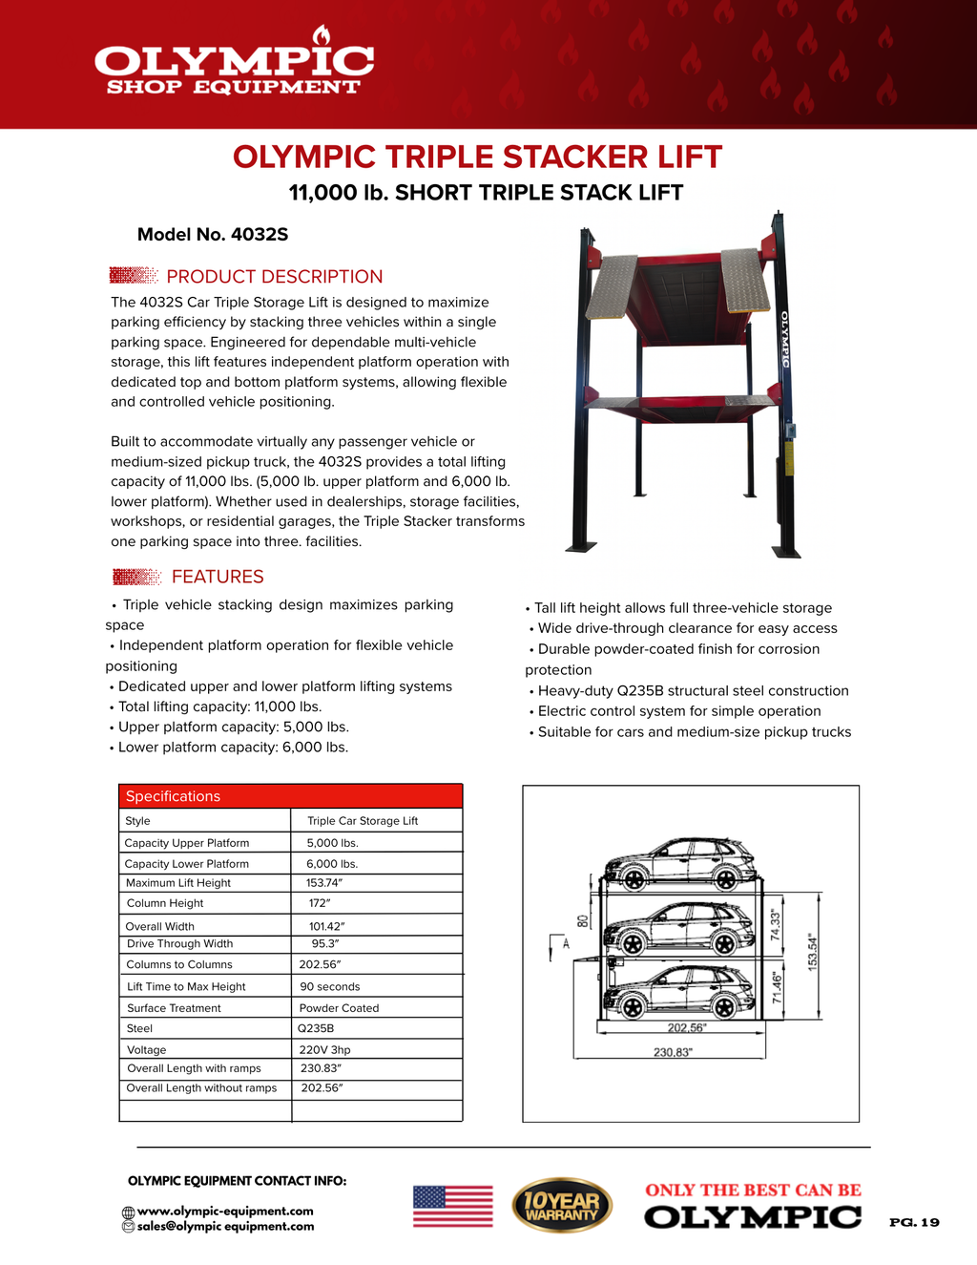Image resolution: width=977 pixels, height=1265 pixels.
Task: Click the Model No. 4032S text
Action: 213,235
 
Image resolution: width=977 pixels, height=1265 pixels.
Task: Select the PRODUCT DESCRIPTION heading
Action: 274,277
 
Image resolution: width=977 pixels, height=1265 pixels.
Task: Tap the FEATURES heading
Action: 218,577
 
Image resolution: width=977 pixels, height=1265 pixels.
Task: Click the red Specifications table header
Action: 290,796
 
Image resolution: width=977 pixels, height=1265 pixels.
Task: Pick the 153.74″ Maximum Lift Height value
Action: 324,883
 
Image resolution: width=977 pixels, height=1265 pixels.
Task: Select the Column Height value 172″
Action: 320,903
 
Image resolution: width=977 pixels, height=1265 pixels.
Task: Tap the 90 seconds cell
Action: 330,987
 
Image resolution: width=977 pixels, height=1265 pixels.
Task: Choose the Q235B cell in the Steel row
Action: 316,1029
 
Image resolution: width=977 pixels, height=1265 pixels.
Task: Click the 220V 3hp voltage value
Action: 325,1050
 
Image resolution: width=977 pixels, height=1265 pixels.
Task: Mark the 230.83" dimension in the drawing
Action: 673,1052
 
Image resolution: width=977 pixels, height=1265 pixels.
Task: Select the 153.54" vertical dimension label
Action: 813,951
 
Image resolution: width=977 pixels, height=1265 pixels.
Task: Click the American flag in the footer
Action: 453,1206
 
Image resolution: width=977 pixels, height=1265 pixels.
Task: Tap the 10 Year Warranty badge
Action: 562,1206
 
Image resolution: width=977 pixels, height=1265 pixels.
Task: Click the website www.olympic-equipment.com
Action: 225,1212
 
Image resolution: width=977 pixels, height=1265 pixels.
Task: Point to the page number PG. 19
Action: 914,1222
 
